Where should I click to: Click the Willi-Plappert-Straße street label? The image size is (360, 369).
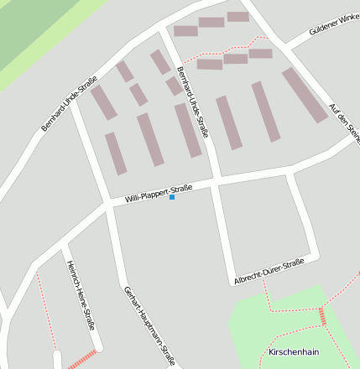pyautogui.click(x=159, y=193)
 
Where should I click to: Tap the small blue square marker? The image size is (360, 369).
pyautogui.click(x=172, y=197)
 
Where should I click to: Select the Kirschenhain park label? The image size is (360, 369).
pyautogui.click(x=294, y=351)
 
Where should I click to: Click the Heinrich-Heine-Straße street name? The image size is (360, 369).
pyautogui.click(x=81, y=294)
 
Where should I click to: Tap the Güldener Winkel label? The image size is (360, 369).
pyautogui.click(x=323, y=36)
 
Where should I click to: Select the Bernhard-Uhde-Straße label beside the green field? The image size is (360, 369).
pyautogui.click(x=69, y=105)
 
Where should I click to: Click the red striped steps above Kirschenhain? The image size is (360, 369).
pyautogui.click(x=321, y=316)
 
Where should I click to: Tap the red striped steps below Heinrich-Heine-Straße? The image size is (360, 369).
pyautogui.click(x=81, y=361)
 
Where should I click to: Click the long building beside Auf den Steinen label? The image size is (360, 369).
pyautogui.click(x=305, y=95)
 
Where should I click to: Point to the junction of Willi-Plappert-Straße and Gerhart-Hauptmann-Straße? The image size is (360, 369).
pyautogui.click(x=110, y=205)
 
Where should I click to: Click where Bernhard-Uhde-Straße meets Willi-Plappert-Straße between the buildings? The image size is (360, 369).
pyautogui.click(x=216, y=180)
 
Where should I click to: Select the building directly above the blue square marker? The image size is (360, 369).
pyautogui.click(x=150, y=139)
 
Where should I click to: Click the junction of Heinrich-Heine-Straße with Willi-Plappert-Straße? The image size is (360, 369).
pyautogui.click(x=64, y=243)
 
